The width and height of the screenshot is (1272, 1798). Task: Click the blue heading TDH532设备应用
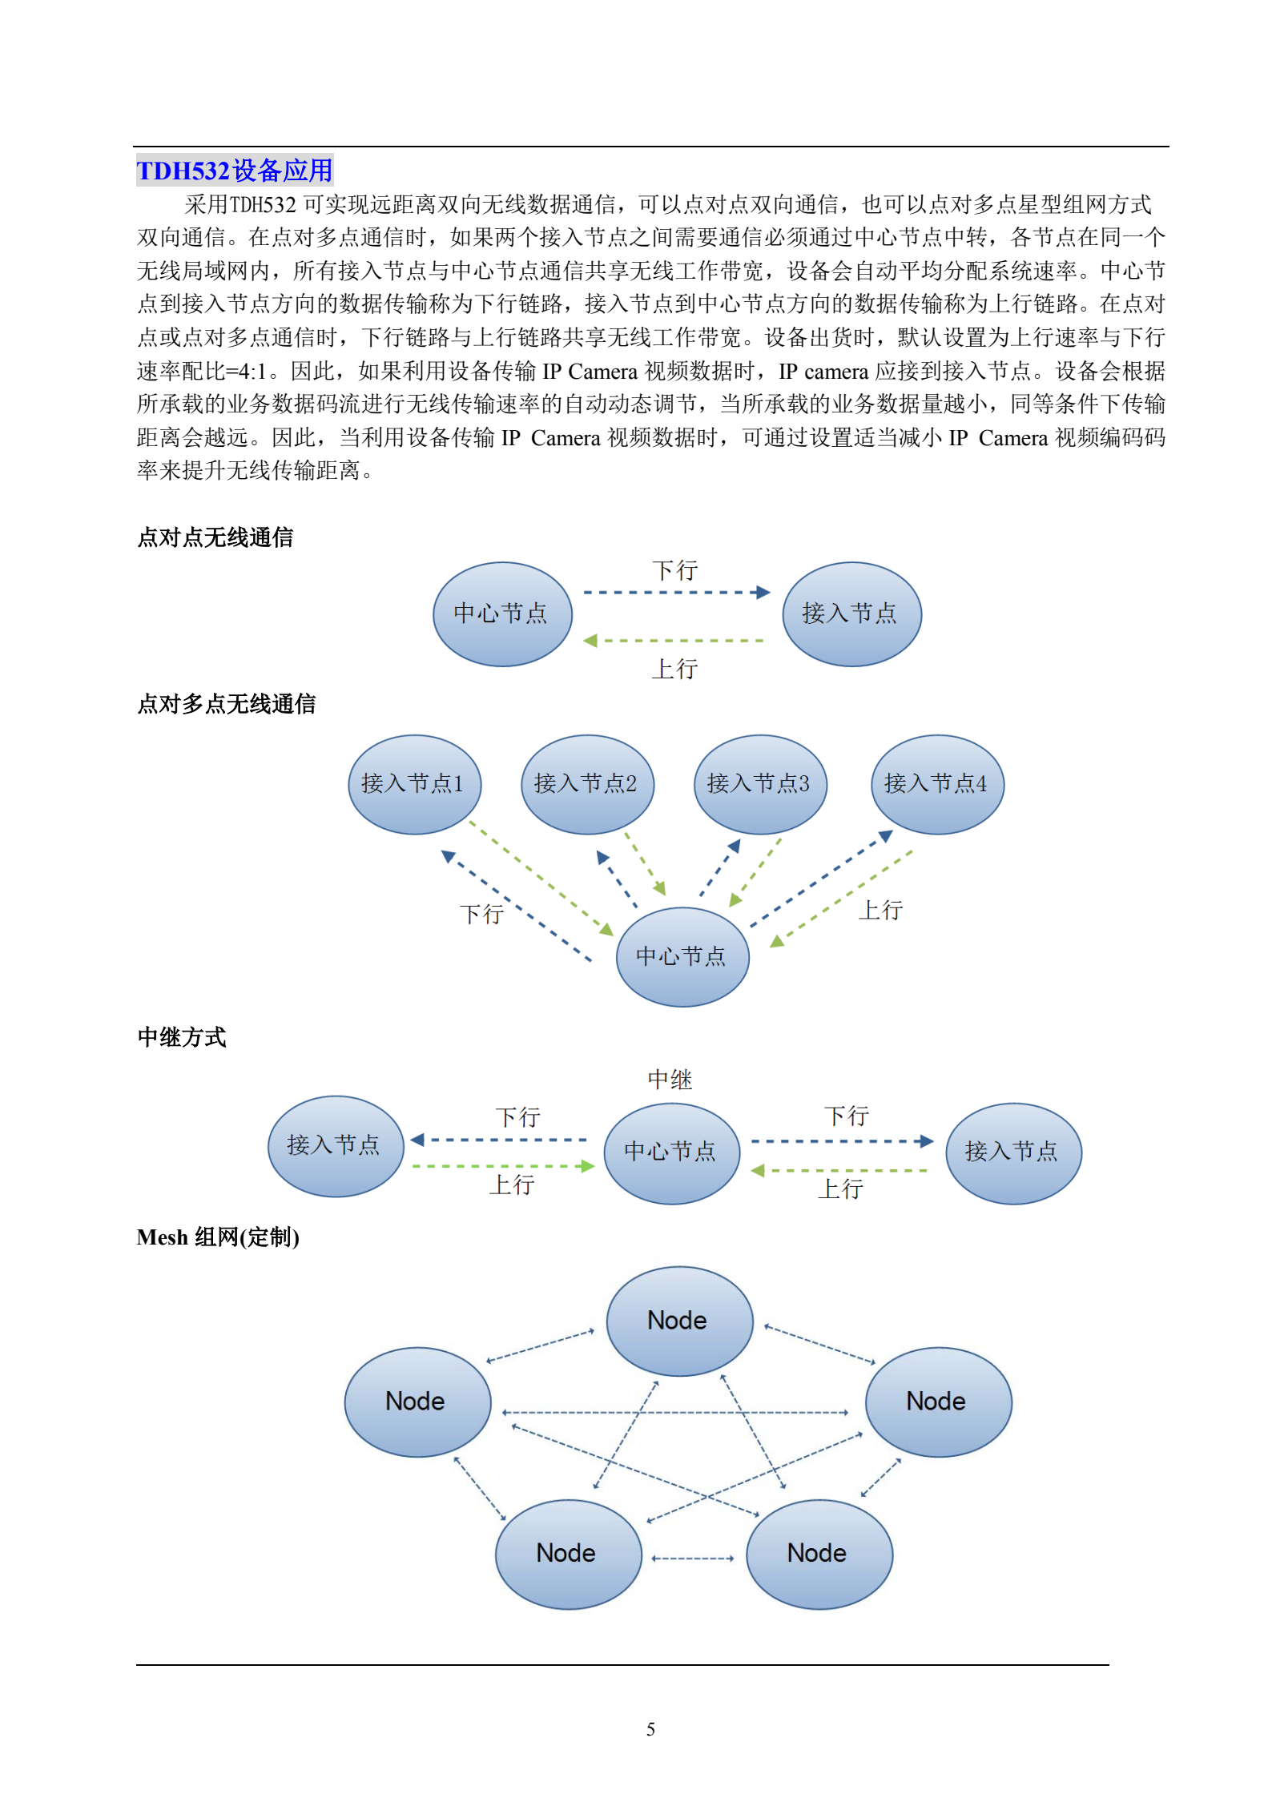235,171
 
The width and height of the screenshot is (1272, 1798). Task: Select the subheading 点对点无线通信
215,537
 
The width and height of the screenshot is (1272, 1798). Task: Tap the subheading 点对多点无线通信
227,704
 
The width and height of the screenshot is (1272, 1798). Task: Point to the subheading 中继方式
182,1037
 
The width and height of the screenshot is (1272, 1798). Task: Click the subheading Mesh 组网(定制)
218,1237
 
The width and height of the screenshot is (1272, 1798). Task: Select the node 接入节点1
414,784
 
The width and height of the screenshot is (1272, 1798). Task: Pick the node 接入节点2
587,784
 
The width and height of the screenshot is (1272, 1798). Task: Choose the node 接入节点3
760,784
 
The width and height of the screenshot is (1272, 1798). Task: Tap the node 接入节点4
937,784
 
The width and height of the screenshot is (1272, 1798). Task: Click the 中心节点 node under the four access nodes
682,956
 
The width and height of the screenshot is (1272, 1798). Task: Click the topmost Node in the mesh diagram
679,1321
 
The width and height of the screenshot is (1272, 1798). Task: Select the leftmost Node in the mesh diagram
417,1402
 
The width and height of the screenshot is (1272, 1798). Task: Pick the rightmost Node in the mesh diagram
938,1402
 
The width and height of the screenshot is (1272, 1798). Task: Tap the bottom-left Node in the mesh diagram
568,1554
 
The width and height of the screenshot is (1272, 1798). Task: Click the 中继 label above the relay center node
670,1080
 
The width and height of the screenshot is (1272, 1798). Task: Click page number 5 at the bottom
650,1729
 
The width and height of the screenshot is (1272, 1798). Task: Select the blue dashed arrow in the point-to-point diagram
677,593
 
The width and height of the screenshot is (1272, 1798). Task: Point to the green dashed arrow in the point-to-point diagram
674,641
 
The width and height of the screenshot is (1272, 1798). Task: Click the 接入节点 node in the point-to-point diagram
851,614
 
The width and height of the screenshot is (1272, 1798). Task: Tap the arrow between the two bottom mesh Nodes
693,1559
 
